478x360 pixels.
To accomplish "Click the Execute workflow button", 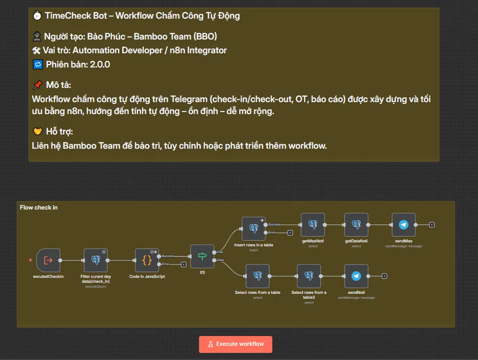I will coord(235,344).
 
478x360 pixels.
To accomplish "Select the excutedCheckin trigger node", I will coord(48,260).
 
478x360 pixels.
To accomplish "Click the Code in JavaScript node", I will coord(147,260).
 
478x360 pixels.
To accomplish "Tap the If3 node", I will coord(202,256).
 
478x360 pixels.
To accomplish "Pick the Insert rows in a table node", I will coord(253,229).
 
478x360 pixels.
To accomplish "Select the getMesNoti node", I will coord(312,225).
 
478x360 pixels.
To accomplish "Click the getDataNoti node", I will coord(356,225).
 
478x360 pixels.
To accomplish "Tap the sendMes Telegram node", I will coord(403,225).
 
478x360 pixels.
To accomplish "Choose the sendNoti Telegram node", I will coord(356,276).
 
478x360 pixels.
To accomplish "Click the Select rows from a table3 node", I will coord(309,276).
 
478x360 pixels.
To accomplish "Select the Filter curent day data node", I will coord(95,260).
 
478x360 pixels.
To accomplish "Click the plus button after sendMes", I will coord(432,225).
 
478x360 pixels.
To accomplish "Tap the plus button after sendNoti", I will coord(384,276).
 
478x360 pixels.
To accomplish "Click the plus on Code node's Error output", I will coord(183,265).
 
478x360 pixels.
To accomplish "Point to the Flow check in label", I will coord(39,207).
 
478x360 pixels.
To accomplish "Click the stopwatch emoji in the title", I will coord(37,16).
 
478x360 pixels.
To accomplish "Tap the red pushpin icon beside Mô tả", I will coord(38,85).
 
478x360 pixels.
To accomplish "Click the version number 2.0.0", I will coord(100,64).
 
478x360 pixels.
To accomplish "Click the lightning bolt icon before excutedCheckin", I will coord(31,260).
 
